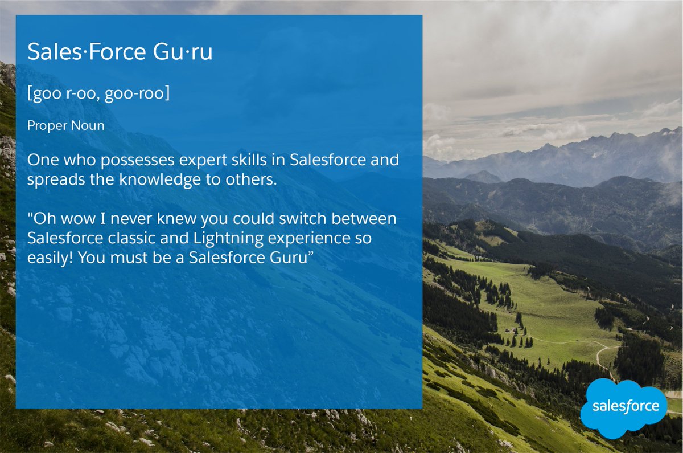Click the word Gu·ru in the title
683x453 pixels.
click(x=183, y=52)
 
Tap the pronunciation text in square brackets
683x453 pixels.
click(x=98, y=94)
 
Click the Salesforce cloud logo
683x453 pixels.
click(x=624, y=407)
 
